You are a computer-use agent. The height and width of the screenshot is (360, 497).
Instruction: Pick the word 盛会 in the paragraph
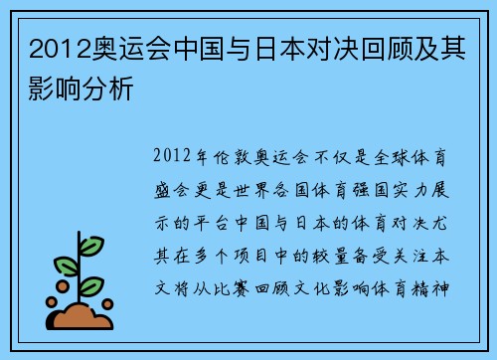point(177,185)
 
